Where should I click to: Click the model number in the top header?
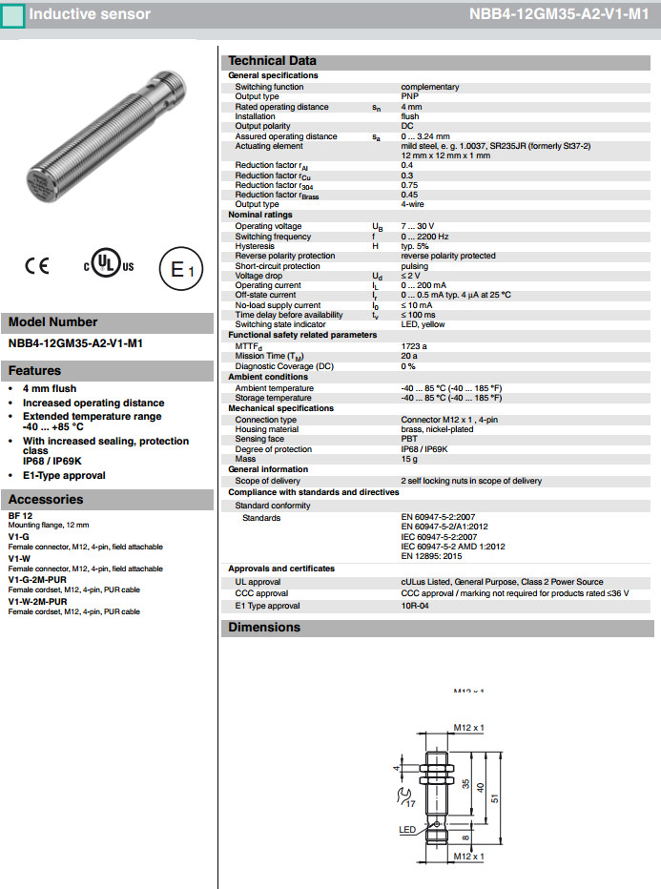point(558,15)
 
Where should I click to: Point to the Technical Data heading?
point(272,61)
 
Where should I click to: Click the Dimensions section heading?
point(264,627)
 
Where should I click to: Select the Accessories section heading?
point(46,499)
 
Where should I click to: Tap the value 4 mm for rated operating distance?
point(411,107)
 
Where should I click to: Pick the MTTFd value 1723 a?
point(414,346)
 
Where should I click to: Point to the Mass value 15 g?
point(410,459)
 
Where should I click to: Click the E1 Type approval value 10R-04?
point(416,606)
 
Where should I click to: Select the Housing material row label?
point(267,429)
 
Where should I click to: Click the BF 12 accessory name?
point(20,515)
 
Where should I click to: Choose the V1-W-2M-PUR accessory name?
point(37,602)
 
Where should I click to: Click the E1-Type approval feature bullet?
point(64,475)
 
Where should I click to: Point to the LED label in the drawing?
point(407,830)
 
